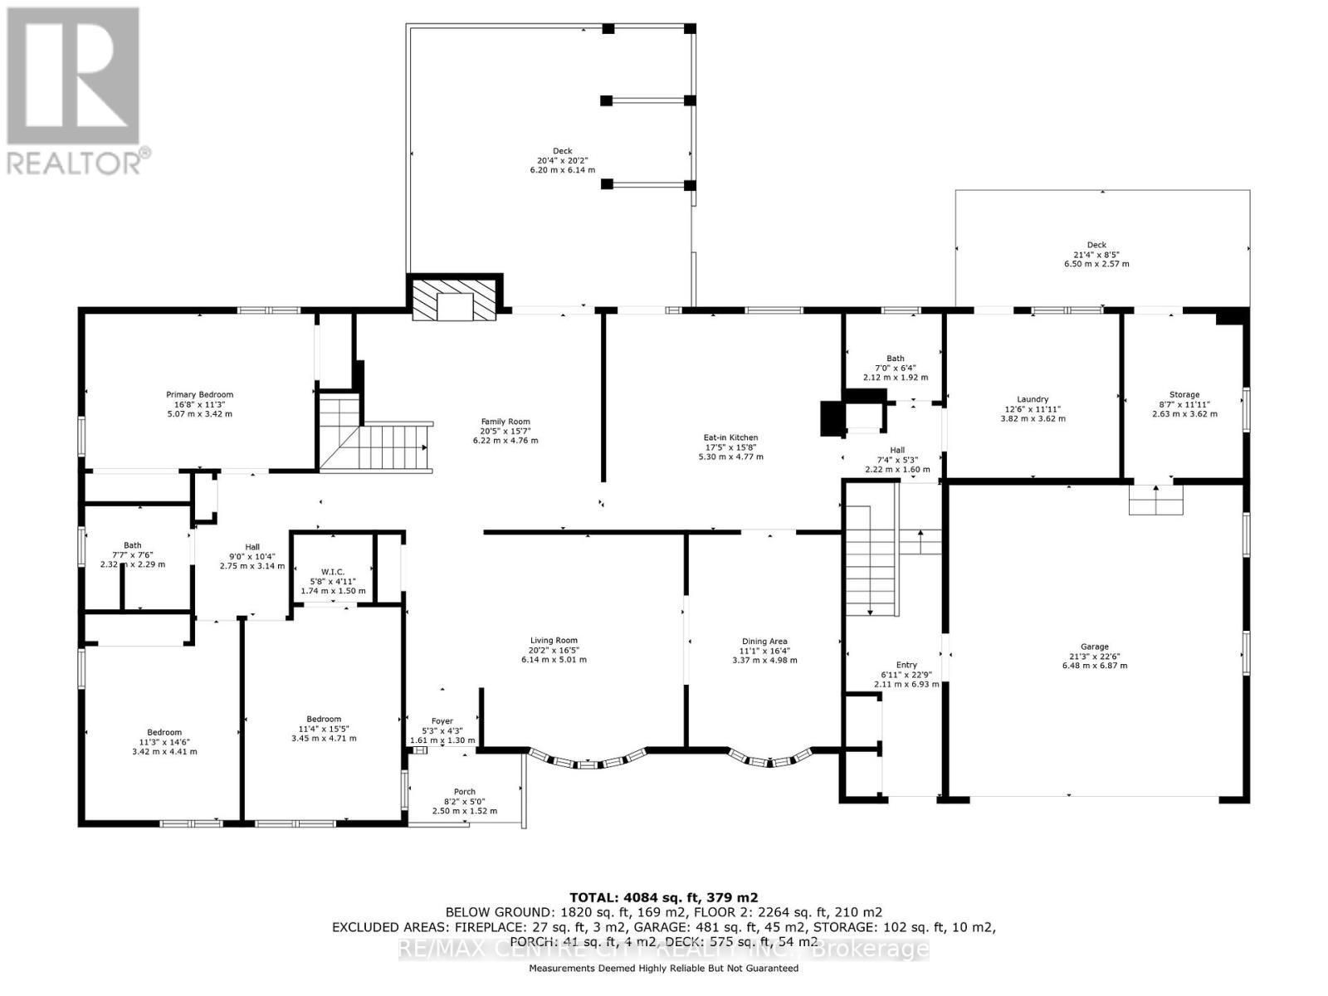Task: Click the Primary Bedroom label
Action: pos(199,394)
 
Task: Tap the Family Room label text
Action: pos(505,422)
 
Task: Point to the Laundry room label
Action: pos(1033,399)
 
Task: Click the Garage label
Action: pos(1095,647)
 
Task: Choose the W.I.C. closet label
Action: pos(333,571)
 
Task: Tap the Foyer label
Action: pos(442,721)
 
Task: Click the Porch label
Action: pos(465,792)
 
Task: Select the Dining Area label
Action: pos(764,641)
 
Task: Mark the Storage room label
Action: pos(1184,395)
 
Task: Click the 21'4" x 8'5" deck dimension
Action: pos(1096,255)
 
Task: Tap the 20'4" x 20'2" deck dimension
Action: pos(563,160)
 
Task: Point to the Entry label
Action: pos(906,665)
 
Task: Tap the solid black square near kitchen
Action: pos(831,418)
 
